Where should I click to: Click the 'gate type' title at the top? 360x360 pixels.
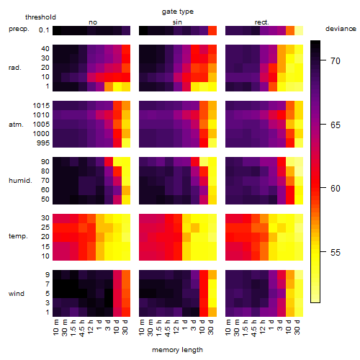(x=178, y=12)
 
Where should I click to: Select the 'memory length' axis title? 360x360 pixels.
(x=177, y=350)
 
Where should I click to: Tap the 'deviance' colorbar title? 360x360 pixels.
(x=341, y=29)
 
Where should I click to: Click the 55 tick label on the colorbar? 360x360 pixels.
(x=336, y=252)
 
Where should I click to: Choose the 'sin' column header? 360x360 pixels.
(x=177, y=22)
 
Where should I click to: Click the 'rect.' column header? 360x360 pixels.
(x=262, y=22)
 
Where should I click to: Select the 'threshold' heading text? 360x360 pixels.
(x=40, y=17)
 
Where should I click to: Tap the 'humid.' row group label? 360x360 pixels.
(x=20, y=181)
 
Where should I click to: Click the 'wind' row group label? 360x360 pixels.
(x=17, y=294)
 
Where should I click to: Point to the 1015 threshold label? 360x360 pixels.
(x=41, y=105)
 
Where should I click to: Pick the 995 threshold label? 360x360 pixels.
(x=43, y=143)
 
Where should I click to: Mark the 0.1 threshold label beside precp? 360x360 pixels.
(x=44, y=30)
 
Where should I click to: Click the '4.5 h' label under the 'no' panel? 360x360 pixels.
(x=82, y=328)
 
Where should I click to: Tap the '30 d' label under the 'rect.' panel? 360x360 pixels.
(x=297, y=327)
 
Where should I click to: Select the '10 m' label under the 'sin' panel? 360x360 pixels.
(x=142, y=328)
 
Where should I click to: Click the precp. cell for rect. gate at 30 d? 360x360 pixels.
(x=299, y=30)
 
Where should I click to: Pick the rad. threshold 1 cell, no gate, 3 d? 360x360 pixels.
(x=109, y=86)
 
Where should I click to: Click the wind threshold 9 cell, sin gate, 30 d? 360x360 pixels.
(x=212, y=274)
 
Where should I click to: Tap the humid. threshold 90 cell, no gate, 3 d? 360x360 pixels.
(x=109, y=161)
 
